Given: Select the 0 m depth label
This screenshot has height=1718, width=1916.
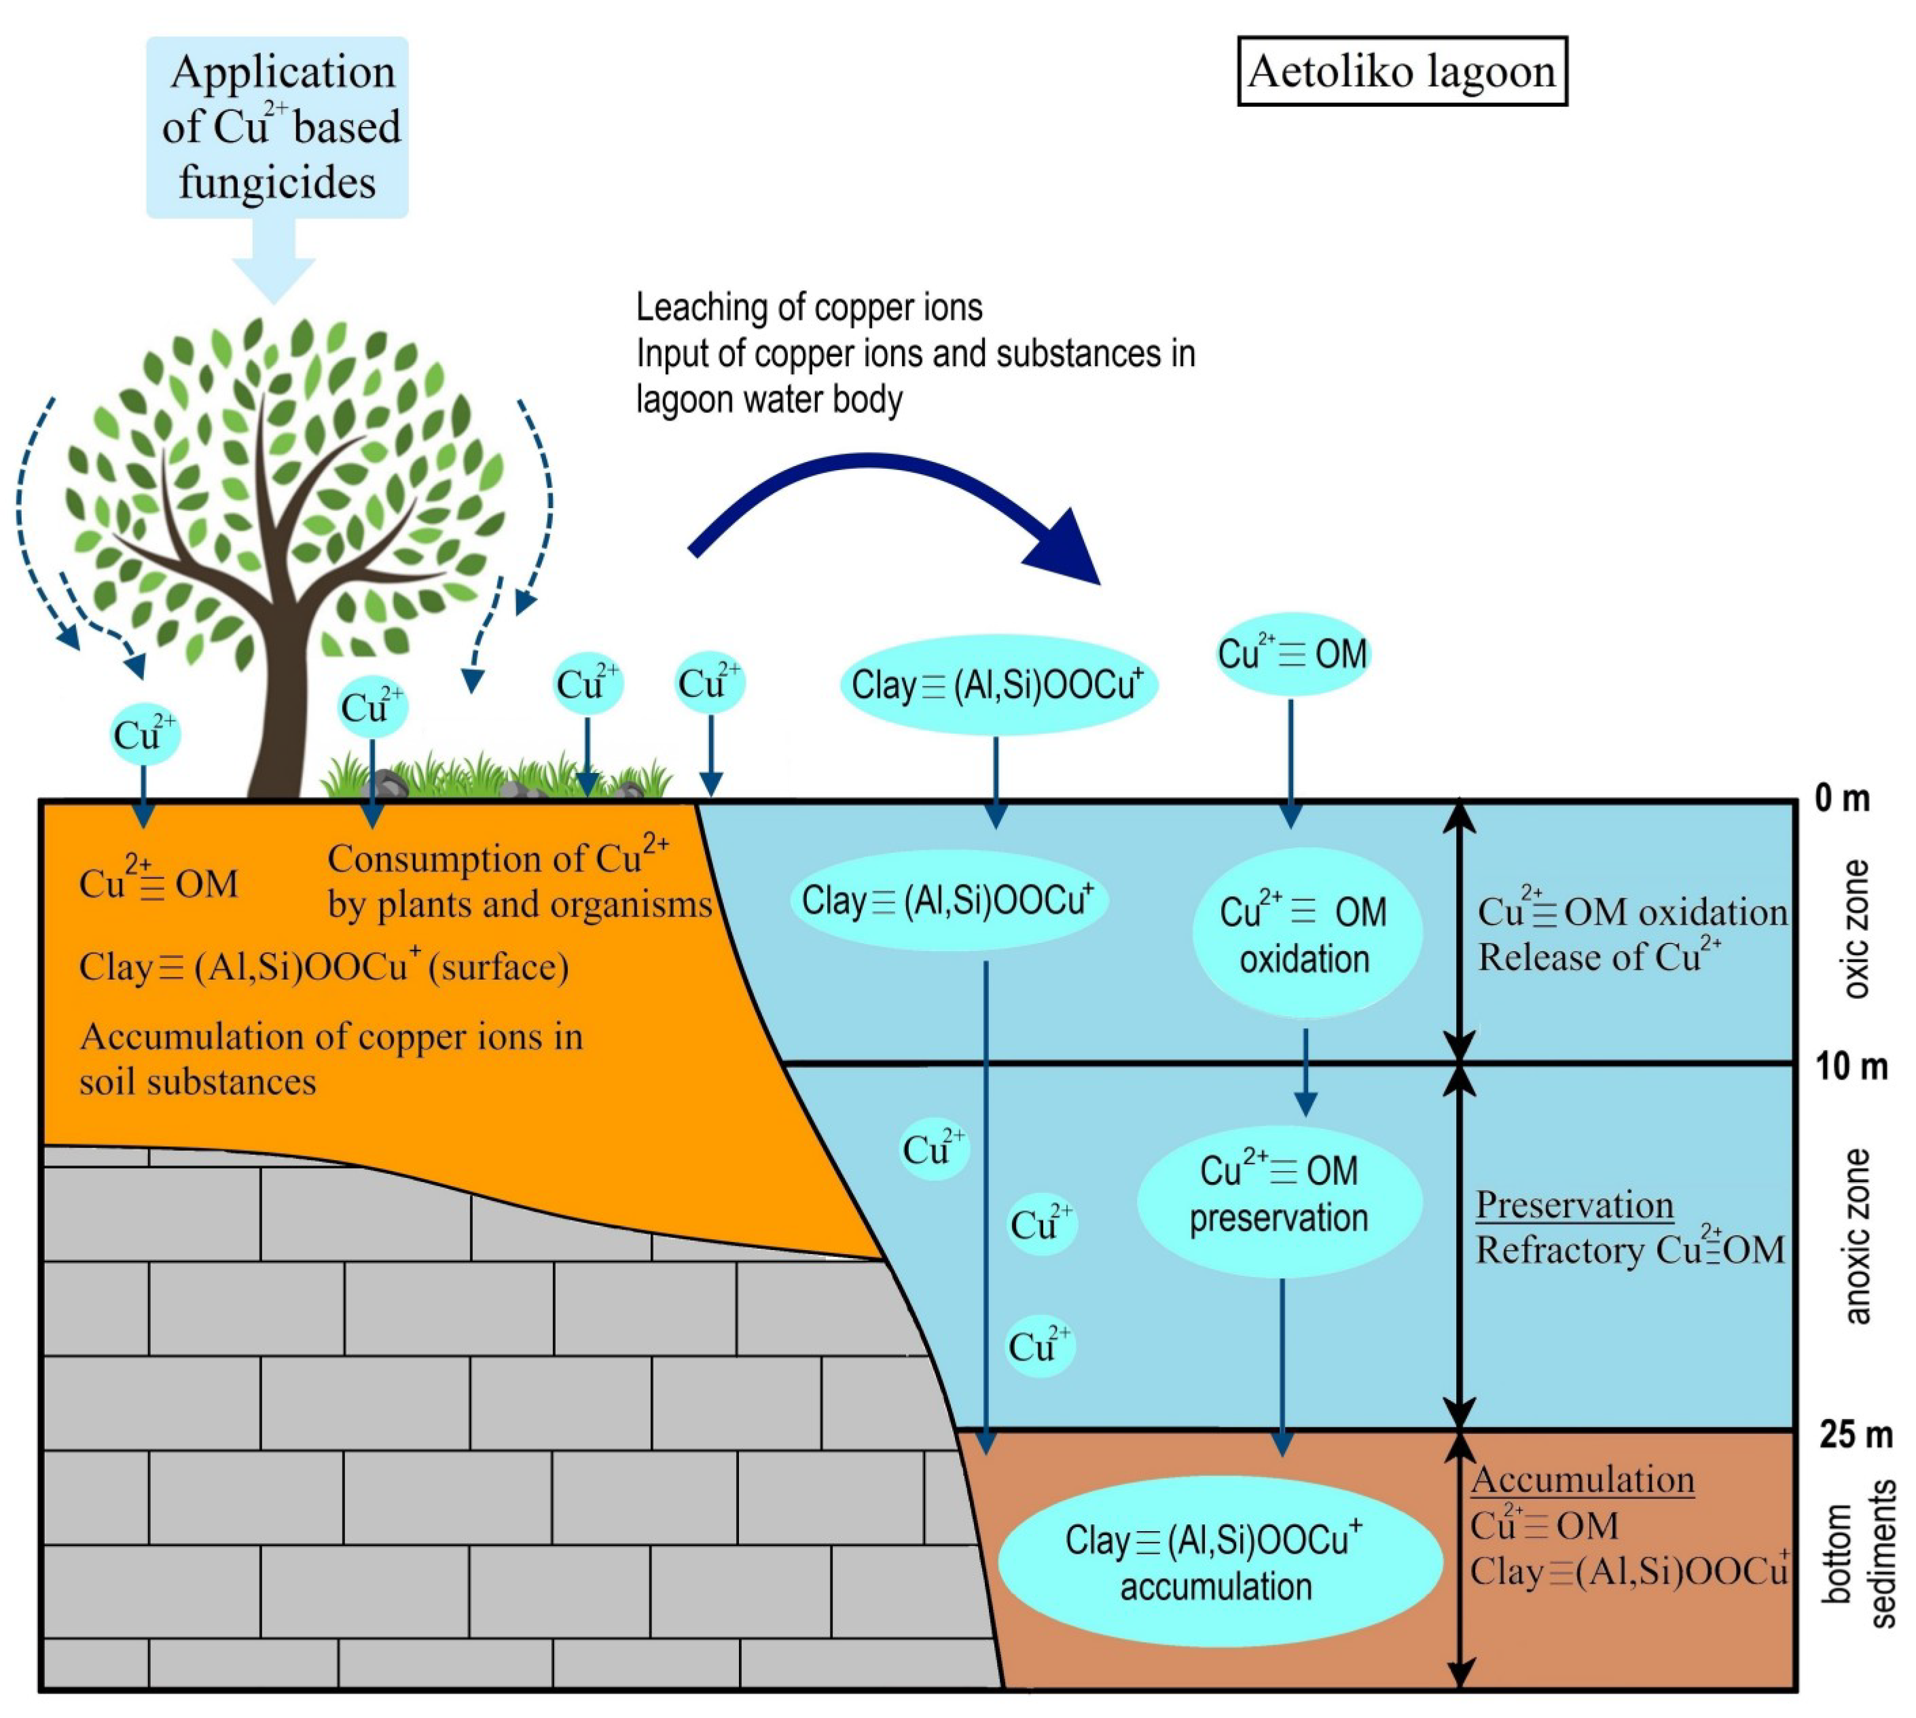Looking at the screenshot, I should [x=1841, y=799].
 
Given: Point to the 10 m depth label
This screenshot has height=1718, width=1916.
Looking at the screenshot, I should [x=1851, y=1067].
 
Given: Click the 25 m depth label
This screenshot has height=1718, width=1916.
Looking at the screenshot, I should [x=1855, y=1434].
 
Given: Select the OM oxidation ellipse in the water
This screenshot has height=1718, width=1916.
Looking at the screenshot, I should [x=1305, y=933].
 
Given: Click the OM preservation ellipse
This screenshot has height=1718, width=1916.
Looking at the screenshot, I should [x=1279, y=1194].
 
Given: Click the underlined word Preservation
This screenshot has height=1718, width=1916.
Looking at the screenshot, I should [x=1574, y=1205].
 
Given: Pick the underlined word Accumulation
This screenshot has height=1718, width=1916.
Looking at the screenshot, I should [x=1583, y=1479].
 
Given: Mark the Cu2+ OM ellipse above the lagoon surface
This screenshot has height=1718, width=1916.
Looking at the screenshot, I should [x=1292, y=654].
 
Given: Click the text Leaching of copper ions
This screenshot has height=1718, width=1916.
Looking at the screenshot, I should [x=809, y=308].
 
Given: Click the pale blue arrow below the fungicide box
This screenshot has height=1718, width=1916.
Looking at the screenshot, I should [x=274, y=260].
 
